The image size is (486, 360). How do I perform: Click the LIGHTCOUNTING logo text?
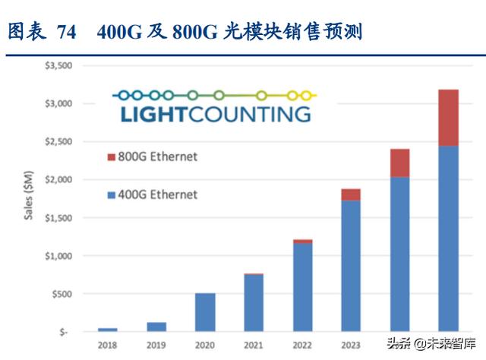click(x=215, y=114)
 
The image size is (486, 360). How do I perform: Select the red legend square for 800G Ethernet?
click(x=111, y=157)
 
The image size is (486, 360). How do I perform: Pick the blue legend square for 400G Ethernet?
click(x=111, y=195)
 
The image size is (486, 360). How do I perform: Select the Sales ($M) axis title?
click(x=29, y=198)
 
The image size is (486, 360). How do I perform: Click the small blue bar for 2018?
click(x=108, y=330)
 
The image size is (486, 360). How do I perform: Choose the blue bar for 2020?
click(x=204, y=312)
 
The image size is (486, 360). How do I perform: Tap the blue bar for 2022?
click(x=302, y=287)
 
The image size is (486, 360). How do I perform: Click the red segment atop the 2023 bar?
click(x=350, y=194)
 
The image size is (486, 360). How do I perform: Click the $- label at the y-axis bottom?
click(x=65, y=332)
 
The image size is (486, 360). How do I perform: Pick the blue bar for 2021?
click(x=253, y=303)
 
